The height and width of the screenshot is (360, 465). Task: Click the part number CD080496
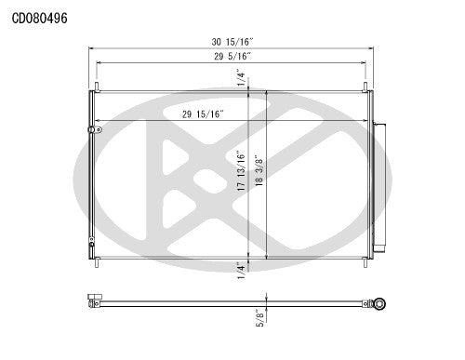click(x=39, y=17)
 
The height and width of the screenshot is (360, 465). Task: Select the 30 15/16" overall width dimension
click(x=231, y=42)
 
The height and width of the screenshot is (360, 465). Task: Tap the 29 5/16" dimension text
click(x=231, y=57)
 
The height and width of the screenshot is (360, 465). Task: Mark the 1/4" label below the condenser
click(x=240, y=269)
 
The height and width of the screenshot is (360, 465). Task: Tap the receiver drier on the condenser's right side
click(x=379, y=187)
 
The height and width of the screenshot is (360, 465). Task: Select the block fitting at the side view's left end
click(x=93, y=300)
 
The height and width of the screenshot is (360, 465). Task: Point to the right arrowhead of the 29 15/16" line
click(x=365, y=122)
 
